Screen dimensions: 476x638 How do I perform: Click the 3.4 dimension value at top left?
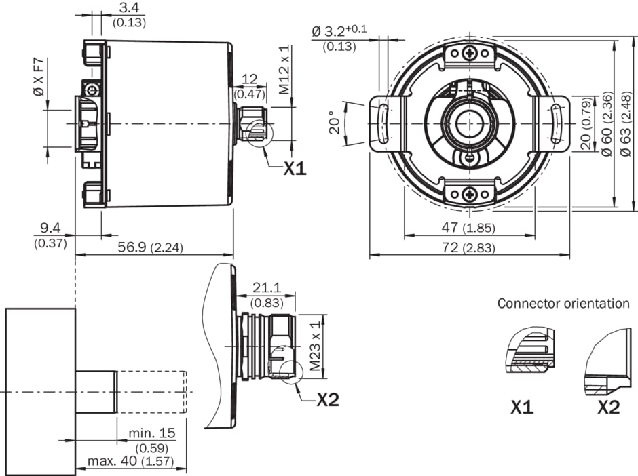click(129, 8)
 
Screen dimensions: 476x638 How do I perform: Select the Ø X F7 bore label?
click(39, 75)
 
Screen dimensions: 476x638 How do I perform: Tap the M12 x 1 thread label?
click(285, 69)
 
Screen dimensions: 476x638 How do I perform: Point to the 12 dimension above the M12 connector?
click(249, 79)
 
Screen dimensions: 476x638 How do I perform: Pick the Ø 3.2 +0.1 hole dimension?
click(339, 31)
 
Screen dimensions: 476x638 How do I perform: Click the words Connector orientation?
click(563, 303)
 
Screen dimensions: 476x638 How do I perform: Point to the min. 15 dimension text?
click(152, 433)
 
